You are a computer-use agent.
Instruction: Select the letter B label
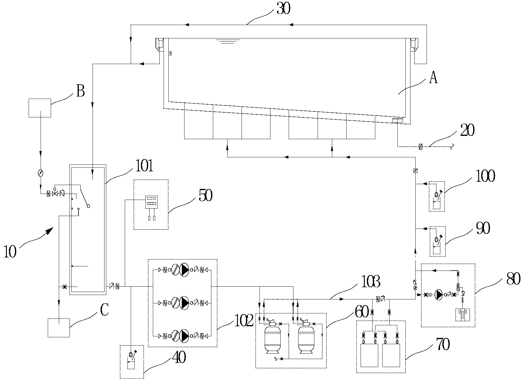[x=80, y=91]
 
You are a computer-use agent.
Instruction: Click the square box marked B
[x=40, y=108]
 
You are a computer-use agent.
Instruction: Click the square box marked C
[x=59, y=328]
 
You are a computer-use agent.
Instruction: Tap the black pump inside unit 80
[x=439, y=295]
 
